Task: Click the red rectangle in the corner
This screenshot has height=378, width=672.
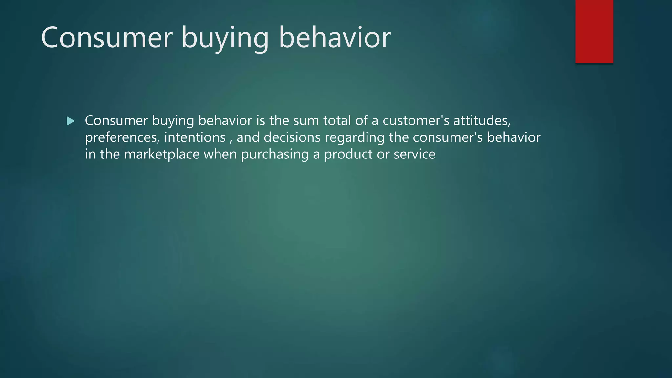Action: pyautogui.click(x=594, y=31)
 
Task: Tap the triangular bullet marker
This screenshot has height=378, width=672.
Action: pyautogui.click(x=70, y=121)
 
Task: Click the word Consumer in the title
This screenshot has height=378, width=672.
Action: pyautogui.click(x=107, y=37)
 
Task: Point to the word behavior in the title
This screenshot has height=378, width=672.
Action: pyautogui.click(x=335, y=37)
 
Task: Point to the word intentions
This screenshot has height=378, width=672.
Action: pyautogui.click(x=195, y=137)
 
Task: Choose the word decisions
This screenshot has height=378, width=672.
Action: pyautogui.click(x=292, y=137)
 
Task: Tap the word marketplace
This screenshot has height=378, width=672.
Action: pyautogui.click(x=162, y=154)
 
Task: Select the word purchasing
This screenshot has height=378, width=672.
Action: pyautogui.click(x=275, y=154)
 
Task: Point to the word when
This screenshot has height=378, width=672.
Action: pyautogui.click(x=220, y=154)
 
